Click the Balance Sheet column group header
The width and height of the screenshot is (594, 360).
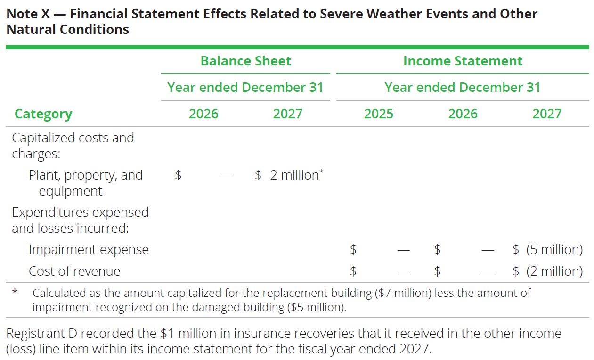(245, 61)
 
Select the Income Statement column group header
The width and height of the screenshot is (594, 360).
(463, 61)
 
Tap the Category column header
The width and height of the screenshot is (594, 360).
(43, 114)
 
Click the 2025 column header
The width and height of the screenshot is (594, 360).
(379, 114)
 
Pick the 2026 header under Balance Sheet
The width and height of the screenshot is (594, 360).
(203, 114)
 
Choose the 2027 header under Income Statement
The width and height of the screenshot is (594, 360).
(547, 114)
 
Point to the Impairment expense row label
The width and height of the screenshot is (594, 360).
(89, 250)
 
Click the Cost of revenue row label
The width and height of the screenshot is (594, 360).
(74, 271)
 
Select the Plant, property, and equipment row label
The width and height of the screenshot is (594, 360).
(85, 183)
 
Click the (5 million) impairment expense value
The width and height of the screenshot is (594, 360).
(554, 250)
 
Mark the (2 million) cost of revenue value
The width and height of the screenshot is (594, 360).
(554, 271)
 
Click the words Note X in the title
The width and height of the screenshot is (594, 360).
(28, 14)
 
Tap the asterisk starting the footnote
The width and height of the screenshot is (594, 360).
(15, 292)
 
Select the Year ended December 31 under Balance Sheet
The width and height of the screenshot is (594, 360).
(245, 88)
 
